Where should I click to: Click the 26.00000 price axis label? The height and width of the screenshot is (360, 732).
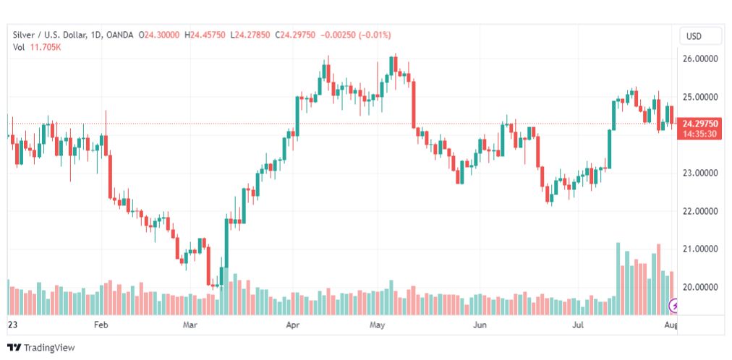pyautogui.click(x=701, y=59)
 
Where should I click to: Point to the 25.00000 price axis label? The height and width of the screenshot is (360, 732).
pyautogui.click(x=701, y=97)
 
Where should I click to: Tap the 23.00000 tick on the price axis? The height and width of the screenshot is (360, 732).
pyautogui.click(x=701, y=173)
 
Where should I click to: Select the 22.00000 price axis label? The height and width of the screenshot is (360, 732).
pyautogui.click(x=701, y=211)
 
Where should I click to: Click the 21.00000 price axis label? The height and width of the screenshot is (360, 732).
pyautogui.click(x=701, y=249)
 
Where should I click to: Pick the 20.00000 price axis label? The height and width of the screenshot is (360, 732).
pyautogui.click(x=701, y=287)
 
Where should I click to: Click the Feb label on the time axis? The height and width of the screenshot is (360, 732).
pyautogui.click(x=101, y=326)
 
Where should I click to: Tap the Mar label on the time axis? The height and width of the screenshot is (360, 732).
pyautogui.click(x=190, y=326)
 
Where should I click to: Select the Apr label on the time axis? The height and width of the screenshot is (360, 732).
pyautogui.click(x=293, y=326)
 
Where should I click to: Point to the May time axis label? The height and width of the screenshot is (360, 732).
pyautogui.click(x=376, y=326)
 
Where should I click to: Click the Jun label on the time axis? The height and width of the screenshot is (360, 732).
pyautogui.click(x=480, y=326)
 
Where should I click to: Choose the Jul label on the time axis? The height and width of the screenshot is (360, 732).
pyautogui.click(x=578, y=326)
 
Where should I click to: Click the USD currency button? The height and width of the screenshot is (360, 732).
pyautogui.click(x=700, y=36)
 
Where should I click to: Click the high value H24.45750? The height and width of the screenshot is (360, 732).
pyautogui.click(x=205, y=35)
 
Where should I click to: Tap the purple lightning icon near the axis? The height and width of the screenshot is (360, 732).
pyautogui.click(x=674, y=307)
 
